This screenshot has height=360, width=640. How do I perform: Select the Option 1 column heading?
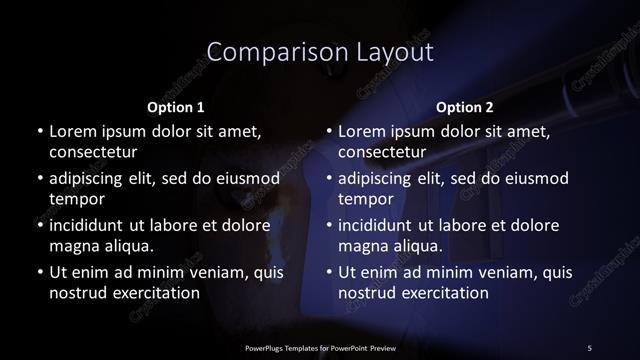pyautogui.click(x=176, y=106)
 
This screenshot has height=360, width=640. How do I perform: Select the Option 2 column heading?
pyautogui.click(x=466, y=106)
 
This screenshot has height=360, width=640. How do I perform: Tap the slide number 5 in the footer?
pyautogui.click(x=590, y=347)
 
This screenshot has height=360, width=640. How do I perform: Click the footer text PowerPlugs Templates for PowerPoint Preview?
pyautogui.click(x=319, y=347)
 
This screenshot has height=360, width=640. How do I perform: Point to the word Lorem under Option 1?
pyautogui.click(x=73, y=131)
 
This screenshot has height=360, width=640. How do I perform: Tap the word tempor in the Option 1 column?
pyautogui.click(x=75, y=199)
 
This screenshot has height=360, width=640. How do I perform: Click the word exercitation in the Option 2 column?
pyautogui.click(x=443, y=293)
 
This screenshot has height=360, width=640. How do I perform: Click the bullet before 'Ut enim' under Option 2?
pyautogui.click(x=328, y=272)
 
